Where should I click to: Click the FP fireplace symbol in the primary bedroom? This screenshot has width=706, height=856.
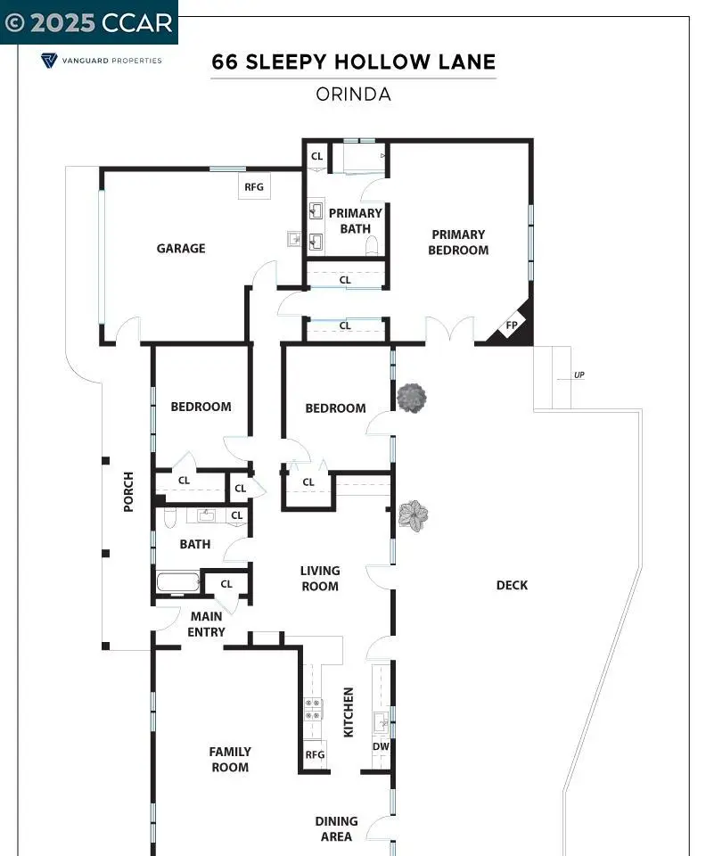(511, 326)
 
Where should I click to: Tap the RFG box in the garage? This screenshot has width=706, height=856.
(254, 186)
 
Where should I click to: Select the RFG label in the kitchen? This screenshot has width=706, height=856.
(315, 754)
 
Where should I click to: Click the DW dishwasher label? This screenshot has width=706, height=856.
(381, 746)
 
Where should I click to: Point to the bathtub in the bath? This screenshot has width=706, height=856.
(178, 582)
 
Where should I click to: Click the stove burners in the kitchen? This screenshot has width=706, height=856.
(313, 710)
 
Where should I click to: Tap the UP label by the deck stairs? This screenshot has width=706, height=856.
(579, 375)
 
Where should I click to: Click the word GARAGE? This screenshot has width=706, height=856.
(181, 249)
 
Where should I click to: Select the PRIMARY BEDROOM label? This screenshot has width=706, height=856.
(458, 243)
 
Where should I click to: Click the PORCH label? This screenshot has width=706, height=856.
(128, 492)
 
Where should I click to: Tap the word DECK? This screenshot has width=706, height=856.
(512, 585)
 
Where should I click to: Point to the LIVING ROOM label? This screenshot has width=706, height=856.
(320, 578)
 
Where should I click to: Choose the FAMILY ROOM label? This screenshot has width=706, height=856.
(230, 760)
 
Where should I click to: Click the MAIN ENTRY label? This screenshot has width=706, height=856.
(206, 624)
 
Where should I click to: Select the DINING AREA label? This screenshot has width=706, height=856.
(337, 828)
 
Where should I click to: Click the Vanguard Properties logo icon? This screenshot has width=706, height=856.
(49, 60)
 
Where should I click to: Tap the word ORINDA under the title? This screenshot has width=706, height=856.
(354, 95)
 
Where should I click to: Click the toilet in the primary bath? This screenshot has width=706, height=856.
(372, 245)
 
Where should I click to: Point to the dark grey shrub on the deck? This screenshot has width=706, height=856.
(412, 398)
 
